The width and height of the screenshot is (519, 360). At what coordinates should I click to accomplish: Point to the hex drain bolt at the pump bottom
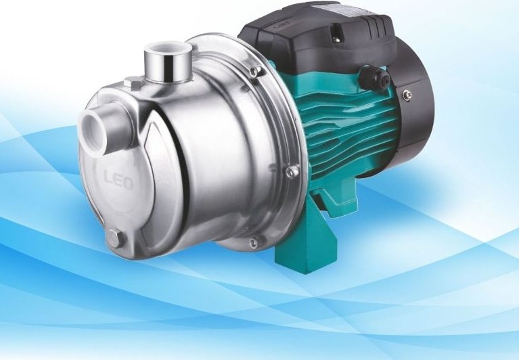(116, 238)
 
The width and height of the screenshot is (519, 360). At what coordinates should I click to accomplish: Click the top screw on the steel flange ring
(254, 71)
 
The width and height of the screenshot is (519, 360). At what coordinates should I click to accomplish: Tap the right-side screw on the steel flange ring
(292, 172)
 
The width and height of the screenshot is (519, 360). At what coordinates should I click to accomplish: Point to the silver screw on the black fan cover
(408, 95)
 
